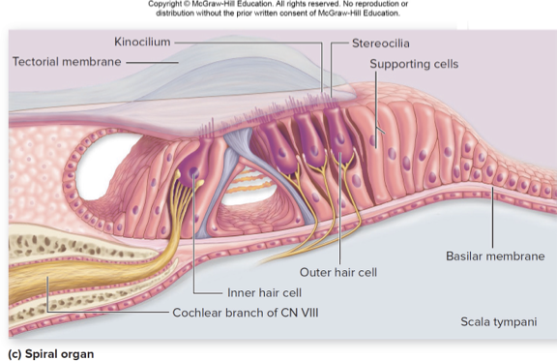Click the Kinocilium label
point(142,43)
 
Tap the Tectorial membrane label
point(67,61)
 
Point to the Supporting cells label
point(414,64)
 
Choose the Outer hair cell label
point(337,272)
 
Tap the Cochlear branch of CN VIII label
point(245,313)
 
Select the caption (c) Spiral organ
point(50,353)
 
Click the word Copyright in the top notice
point(166,4)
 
